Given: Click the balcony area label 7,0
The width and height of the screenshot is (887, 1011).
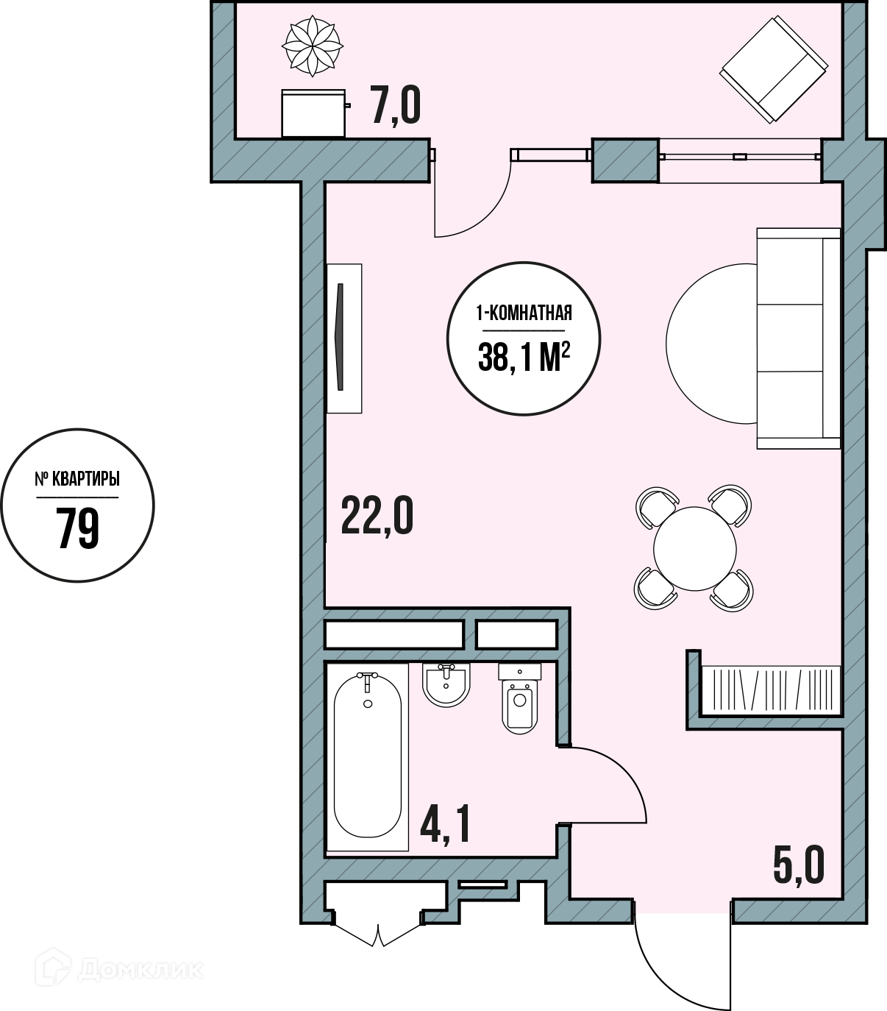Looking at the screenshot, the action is click(x=395, y=105).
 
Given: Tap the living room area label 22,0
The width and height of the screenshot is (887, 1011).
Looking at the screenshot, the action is click(x=377, y=517).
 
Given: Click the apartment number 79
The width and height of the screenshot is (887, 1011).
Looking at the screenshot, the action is click(x=78, y=528).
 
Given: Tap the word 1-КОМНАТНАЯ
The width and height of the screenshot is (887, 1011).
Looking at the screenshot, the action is click(x=524, y=314).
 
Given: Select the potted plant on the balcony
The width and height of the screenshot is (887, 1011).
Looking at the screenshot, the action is click(x=313, y=46).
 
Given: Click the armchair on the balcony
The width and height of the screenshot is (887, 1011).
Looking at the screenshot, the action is click(x=773, y=69).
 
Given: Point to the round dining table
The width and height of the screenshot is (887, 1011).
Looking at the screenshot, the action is click(x=694, y=548).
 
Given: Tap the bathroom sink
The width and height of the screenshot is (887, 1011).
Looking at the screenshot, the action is click(x=446, y=684).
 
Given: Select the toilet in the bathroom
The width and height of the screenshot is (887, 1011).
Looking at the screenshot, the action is click(x=519, y=698).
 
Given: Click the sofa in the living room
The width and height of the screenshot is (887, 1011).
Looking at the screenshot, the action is click(x=798, y=338).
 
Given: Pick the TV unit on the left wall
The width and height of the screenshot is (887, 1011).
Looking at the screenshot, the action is click(x=343, y=338).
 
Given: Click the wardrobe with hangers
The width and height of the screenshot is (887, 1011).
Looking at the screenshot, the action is click(x=770, y=690).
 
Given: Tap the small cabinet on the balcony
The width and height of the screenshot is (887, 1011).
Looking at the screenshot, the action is click(x=313, y=113).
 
